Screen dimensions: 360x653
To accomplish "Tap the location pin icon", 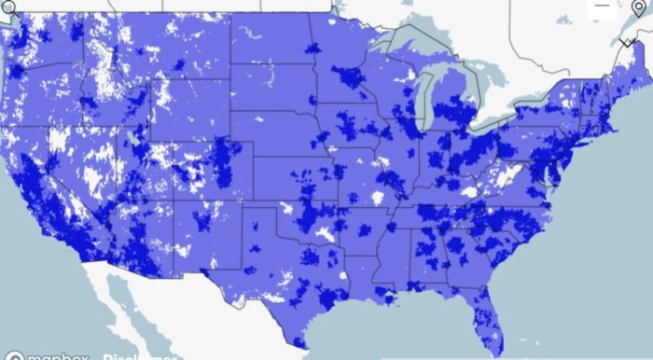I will [637, 10].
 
